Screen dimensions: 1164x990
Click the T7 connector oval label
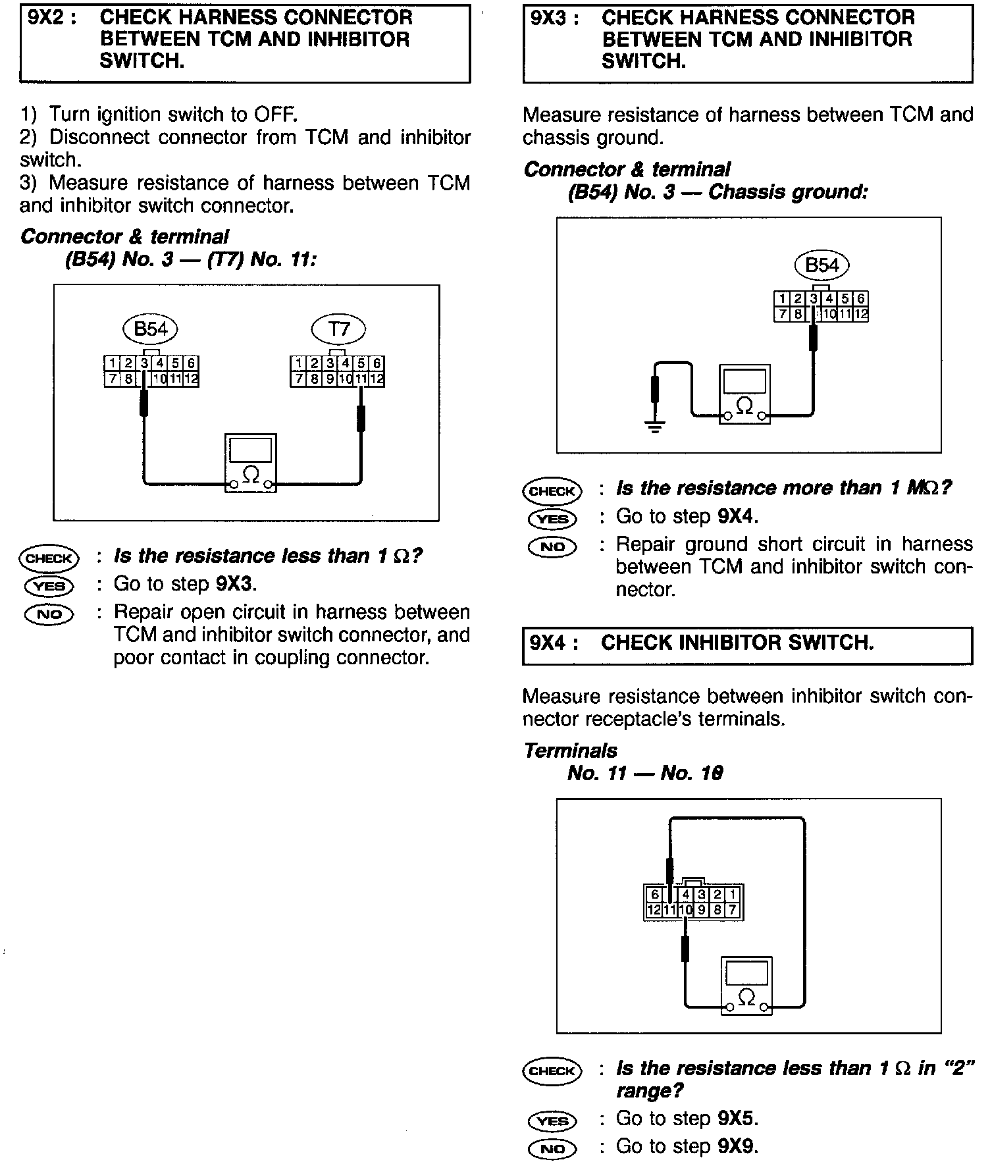tap(338, 329)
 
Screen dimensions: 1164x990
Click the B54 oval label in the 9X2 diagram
tap(151, 329)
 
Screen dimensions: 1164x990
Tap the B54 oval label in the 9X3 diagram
tap(822, 265)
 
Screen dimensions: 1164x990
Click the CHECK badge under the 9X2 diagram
tap(49, 558)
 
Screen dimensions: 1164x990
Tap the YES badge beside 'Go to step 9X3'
tap(49, 585)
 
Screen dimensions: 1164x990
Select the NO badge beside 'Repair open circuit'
tap(49, 614)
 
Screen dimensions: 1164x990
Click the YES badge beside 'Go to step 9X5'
tap(552, 1121)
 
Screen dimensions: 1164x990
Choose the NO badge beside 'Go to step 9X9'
tap(552, 1149)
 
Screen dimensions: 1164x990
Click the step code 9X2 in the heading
tap(47, 17)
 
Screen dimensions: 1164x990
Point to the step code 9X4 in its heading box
tap(550, 643)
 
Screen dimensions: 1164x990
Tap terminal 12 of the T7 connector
tap(377, 379)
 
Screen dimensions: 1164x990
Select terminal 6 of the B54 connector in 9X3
tap(860, 299)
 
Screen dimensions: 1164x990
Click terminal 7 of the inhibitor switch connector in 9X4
tap(733, 911)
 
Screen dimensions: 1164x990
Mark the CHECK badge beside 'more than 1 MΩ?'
tap(552, 491)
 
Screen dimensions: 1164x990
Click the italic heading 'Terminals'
tap(571, 751)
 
